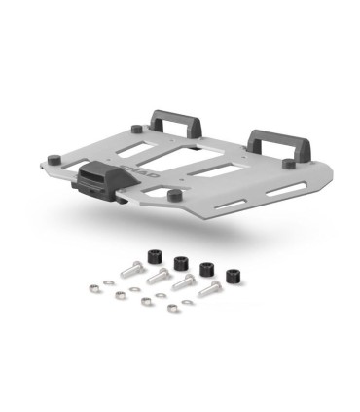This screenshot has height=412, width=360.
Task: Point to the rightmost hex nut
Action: tap(171, 311)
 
